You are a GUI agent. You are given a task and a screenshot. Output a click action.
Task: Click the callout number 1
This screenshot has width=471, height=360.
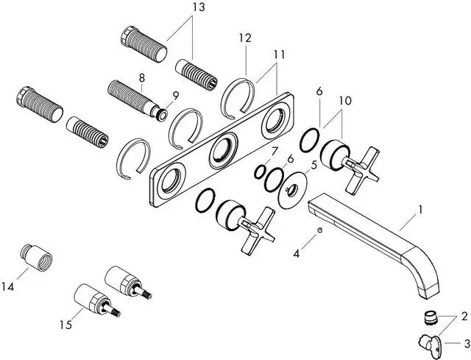coord(420,210)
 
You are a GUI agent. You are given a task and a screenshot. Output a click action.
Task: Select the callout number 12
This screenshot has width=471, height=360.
coord(245,38)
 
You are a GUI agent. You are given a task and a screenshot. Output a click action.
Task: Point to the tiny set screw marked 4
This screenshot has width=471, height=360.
coord(319,232)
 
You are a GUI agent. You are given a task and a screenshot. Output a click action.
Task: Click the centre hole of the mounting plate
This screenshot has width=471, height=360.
coord(221,152)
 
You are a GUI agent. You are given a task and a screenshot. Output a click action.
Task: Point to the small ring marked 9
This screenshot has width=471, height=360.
coord(160,113)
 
